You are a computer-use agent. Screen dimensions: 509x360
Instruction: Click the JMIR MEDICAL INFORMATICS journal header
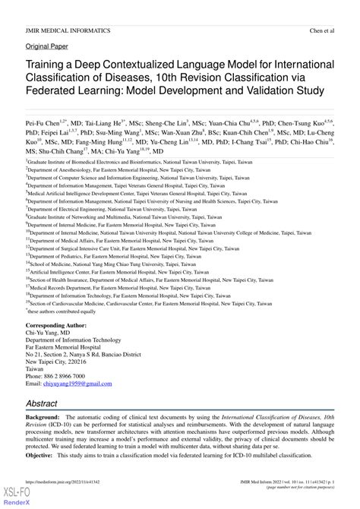pyautogui.click(x=68, y=31)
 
